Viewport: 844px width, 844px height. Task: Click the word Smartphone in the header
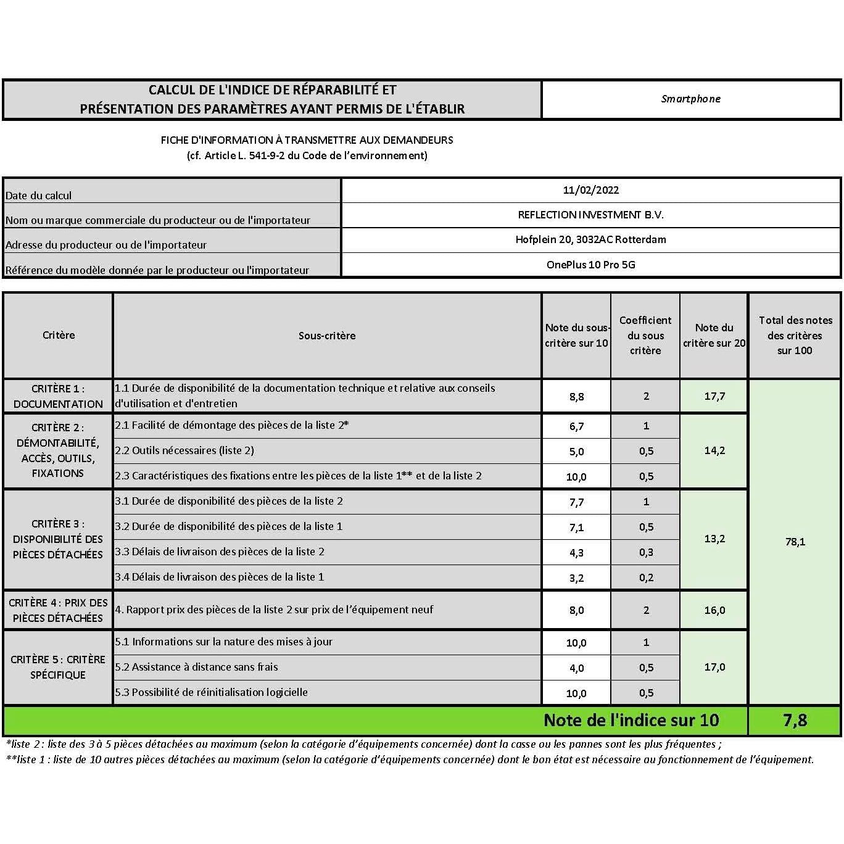coord(690,99)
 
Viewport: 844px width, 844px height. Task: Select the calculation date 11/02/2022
coord(590,190)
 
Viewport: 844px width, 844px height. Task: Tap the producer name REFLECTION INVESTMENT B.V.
coord(590,215)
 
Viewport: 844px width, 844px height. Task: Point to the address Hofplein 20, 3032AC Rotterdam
coord(590,239)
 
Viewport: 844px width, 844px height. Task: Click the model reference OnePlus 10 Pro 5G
coord(590,265)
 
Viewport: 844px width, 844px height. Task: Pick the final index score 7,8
coord(795,720)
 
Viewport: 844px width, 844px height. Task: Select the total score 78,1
coord(795,542)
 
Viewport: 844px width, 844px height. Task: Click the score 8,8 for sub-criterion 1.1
coord(576,397)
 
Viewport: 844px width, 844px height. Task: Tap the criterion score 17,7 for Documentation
coord(714,396)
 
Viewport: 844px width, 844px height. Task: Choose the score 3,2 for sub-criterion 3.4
coord(576,578)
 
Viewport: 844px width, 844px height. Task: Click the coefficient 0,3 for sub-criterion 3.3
coord(646,553)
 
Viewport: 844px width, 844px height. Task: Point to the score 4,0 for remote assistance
coord(576,668)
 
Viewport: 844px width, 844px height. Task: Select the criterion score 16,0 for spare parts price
coord(714,610)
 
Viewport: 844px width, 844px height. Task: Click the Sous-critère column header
coord(327,336)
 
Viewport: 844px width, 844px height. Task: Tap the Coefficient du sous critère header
coord(645,335)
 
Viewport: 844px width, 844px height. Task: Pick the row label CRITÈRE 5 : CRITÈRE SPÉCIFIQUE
coord(58,667)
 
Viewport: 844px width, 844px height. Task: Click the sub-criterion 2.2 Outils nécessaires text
coord(184,450)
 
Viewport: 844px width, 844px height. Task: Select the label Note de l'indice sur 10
coord(631,720)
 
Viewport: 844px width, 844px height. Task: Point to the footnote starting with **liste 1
coord(410,759)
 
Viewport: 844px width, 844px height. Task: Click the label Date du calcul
coord(38,196)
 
